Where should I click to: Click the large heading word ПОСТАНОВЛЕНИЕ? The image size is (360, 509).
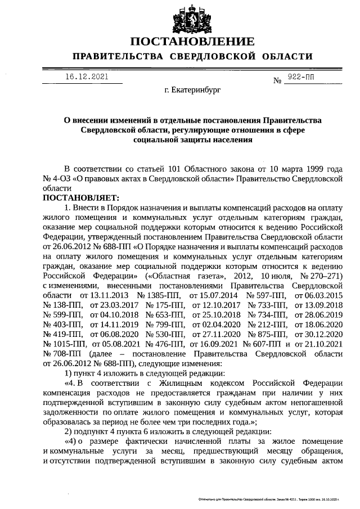pyautogui.click(x=192, y=42)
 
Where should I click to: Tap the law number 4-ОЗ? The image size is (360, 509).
pyautogui.click(x=66, y=178)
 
